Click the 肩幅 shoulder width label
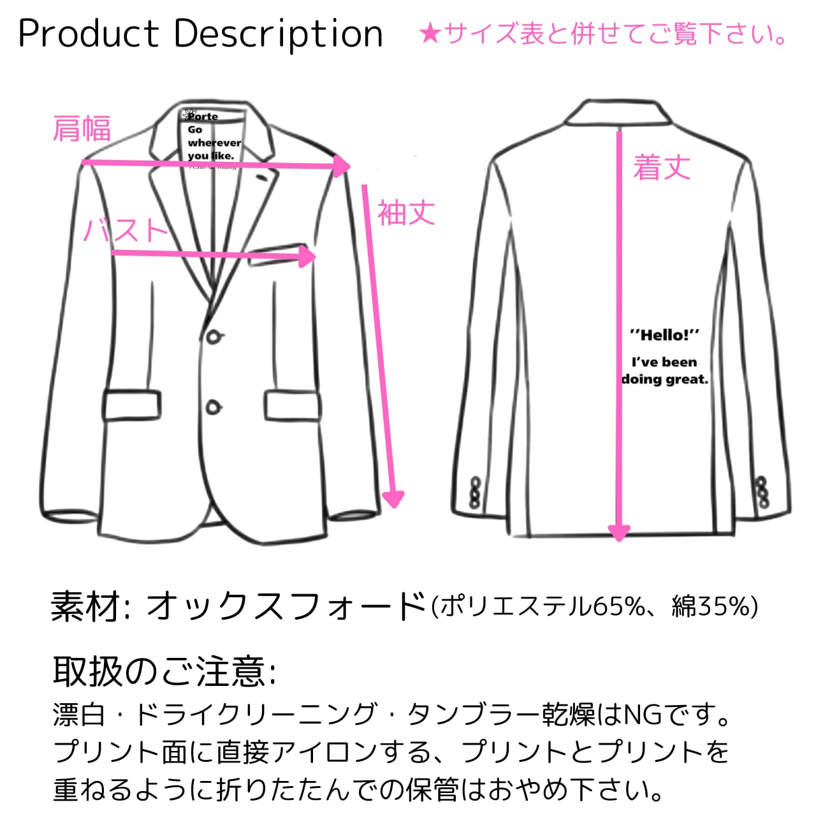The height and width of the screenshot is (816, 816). coord(82,128)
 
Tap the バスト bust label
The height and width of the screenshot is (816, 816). coord(126,230)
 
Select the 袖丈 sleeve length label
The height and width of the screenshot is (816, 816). coord(406,213)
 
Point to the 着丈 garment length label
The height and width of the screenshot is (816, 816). coord(662,167)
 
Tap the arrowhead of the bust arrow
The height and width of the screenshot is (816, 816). coord(309,256)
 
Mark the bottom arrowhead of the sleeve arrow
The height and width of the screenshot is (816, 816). coord(394,497)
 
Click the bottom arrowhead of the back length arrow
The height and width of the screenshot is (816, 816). coord(618,532)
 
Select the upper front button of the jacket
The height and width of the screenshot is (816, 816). coord(214,336)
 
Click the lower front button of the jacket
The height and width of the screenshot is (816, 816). coord(214,406)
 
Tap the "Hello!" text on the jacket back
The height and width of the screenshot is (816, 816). coord(664,335)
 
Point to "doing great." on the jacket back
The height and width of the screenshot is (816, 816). coord(665,379)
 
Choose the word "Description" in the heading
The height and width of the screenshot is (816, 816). coord(278,34)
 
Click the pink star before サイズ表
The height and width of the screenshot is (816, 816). coord(430,34)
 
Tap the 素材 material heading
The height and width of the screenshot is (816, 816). coord(86,606)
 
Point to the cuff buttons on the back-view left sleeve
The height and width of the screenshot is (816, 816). coord(475,492)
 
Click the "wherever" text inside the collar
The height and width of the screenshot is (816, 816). coord(214,143)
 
